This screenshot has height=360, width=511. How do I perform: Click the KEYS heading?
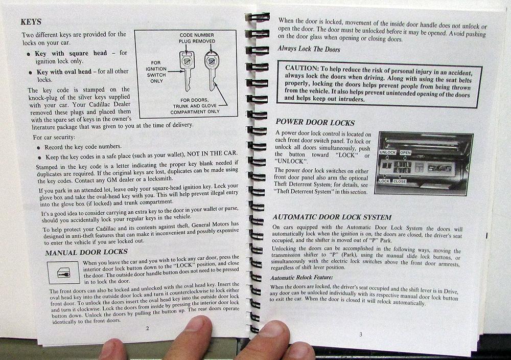tap(31, 22)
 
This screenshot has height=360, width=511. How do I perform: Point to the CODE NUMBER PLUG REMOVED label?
tap(197, 38)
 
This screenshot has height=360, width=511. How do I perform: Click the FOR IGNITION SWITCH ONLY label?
tap(156, 72)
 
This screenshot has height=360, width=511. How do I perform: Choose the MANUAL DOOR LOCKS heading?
tap(86, 253)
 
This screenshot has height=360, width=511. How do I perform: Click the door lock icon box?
tap(63, 273)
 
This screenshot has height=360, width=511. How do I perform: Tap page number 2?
tap(147, 328)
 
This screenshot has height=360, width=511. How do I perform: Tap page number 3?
tap(360, 334)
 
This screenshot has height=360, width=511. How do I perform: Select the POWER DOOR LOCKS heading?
tap(315, 123)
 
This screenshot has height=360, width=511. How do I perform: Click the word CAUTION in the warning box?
tap(301, 68)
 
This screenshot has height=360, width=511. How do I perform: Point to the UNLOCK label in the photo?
tap(387, 152)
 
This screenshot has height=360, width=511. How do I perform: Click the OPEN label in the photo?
tap(405, 152)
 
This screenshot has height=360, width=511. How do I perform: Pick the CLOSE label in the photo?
tap(400, 182)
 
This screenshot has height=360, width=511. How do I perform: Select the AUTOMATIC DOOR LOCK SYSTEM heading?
tap(332, 217)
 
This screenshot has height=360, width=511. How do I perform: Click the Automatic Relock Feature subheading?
tap(301, 278)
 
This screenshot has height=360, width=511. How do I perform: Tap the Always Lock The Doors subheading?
tap(309, 49)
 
